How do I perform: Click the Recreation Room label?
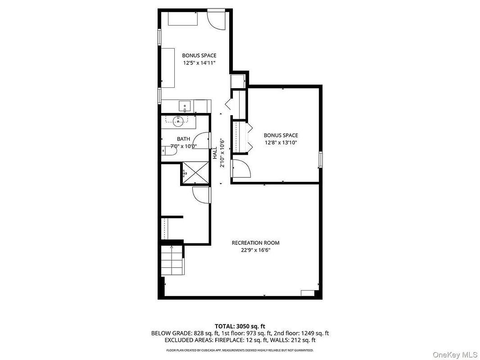pyautogui.click(x=255, y=243)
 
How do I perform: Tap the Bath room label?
pyautogui.click(x=183, y=139)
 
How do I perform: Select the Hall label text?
pyautogui.click(x=215, y=153)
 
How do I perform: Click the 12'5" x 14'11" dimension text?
pyautogui.click(x=199, y=63)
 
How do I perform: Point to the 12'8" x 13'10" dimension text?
pyautogui.click(x=281, y=143)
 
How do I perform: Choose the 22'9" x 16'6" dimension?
pyautogui.click(x=256, y=250)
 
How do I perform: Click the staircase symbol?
pyautogui.click(x=172, y=261)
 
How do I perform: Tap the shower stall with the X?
pyautogui.click(x=195, y=173)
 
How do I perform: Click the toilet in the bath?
pyautogui.click(x=169, y=151)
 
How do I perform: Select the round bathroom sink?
pyautogui.click(x=178, y=121)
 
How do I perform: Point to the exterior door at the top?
pyautogui.click(x=217, y=20)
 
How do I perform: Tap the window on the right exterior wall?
pyautogui.click(x=321, y=159)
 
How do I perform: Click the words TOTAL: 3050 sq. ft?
pyautogui.click(x=240, y=326)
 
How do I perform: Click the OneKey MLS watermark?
pyautogui.click(x=455, y=355)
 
